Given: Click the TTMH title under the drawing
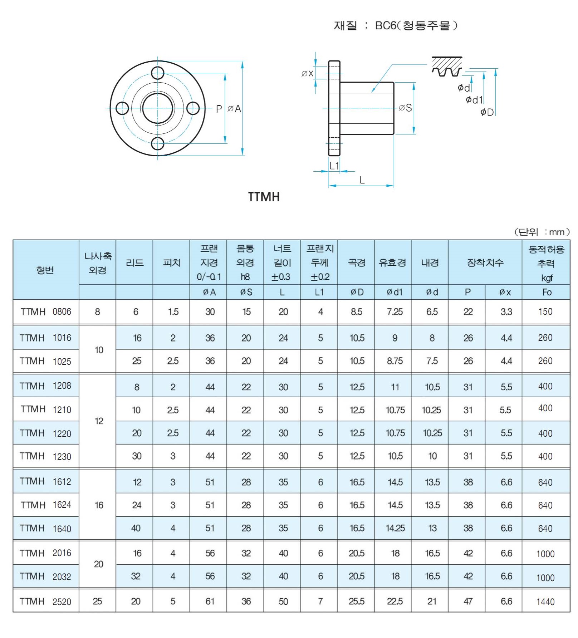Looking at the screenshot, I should [264, 197].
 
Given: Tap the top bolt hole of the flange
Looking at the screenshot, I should [157, 73].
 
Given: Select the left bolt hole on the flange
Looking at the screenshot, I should [122, 108].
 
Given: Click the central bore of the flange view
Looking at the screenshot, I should [157, 108].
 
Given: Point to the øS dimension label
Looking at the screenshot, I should [406, 108].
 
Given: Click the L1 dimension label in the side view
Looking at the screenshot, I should [334, 166].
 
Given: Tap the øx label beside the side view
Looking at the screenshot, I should [307, 73].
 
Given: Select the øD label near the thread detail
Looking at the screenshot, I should [487, 112].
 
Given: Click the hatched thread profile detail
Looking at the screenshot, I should [447, 67].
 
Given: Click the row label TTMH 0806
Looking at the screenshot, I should [46, 312].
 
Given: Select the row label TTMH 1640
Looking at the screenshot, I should [46, 528].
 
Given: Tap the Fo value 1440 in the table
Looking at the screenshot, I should [545, 602].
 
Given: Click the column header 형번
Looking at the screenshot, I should [45, 270].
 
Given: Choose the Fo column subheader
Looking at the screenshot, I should [547, 292].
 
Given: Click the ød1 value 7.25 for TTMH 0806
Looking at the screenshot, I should [395, 312].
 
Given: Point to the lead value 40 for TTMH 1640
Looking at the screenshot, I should [136, 528].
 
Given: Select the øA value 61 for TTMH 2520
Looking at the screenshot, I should [210, 601].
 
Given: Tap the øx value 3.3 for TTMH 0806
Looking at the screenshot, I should [506, 312].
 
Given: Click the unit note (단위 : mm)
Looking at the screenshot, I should [542, 232].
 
